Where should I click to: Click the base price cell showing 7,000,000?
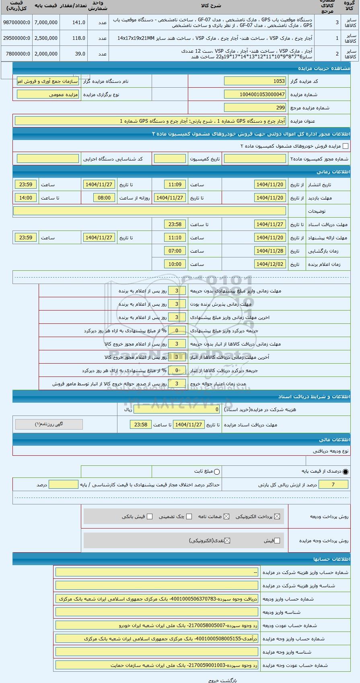click(46, 23)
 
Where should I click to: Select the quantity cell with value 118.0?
click(74, 38)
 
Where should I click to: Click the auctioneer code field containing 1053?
click(255, 81)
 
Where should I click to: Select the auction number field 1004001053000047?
click(255, 95)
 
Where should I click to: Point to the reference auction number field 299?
click(255, 108)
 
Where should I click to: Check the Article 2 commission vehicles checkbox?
click(345, 146)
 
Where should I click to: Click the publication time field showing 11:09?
click(175, 185)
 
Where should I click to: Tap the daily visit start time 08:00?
click(104, 198)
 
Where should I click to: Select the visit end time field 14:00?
click(26, 198)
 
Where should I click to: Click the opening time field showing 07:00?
click(175, 251)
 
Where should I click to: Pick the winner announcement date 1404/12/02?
click(270, 264)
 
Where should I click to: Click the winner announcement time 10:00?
click(175, 264)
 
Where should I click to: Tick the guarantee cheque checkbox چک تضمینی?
click(189, 516)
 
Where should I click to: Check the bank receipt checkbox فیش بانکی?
click(150, 516)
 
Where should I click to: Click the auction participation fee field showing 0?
click(177, 409)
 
